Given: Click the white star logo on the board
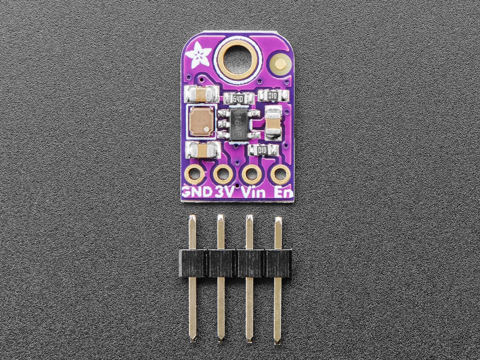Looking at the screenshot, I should pyautogui.click(x=201, y=53).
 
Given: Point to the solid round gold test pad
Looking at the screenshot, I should pyautogui.click(x=281, y=64).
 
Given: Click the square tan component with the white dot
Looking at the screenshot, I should pyautogui.click(x=202, y=122).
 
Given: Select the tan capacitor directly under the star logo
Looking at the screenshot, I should pyautogui.click(x=201, y=93).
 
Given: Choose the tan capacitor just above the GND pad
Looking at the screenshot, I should pyautogui.click(x=201, y=150).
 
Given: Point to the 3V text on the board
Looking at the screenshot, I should pyautogui.click(x=225, y=191).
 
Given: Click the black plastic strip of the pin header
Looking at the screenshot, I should pyautogui.click(x=235, y=263).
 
